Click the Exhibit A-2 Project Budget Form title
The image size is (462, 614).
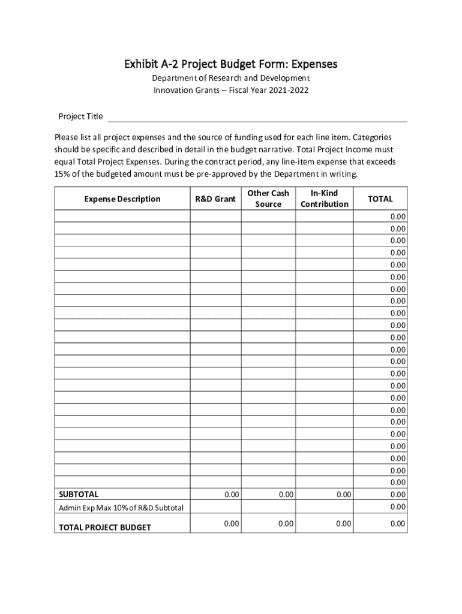tap(230, 64)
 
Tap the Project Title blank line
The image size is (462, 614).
tap(257, 117)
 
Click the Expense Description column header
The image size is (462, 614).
tap(122, 199)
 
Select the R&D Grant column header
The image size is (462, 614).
tap(215, 199)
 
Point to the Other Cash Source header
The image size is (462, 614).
tap(268, 198)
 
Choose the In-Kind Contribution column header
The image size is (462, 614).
tap(324, 198)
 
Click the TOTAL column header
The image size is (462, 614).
tap(380, 199)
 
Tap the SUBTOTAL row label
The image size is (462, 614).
tap(78, 495)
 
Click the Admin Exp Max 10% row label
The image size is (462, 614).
tap(121, 508)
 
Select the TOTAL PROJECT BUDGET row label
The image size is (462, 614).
tap(104, 528)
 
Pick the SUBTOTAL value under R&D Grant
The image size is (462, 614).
tap(232, 495)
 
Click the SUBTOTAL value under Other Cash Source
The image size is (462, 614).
tap(286, 495)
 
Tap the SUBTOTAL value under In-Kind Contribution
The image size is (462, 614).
tap(343, 495)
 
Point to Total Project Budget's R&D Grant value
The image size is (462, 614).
tap(232, 524)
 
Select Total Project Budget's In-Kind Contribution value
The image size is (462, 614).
tap(343, 524)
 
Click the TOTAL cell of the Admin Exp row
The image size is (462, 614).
tap(398, 507)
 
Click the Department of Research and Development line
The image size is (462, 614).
tap(230, 79)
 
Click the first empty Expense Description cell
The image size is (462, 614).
tap(122, 216)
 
